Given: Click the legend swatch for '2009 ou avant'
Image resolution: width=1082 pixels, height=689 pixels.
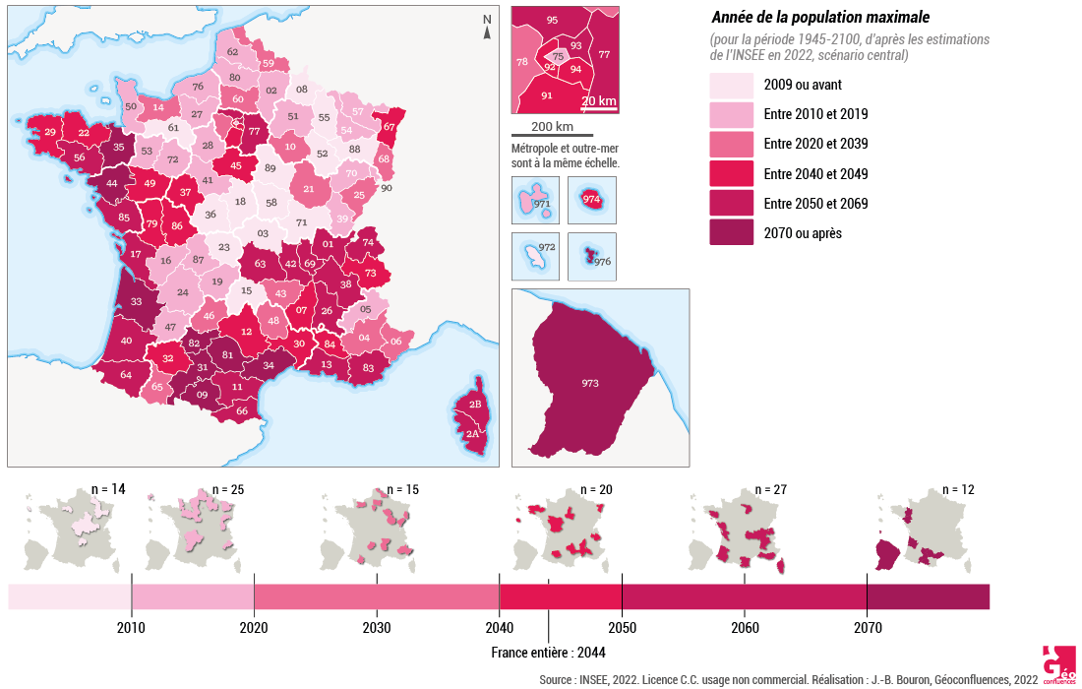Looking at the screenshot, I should (x=732, y=85).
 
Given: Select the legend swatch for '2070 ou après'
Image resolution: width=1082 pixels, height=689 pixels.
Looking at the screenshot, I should (x=732, y=233).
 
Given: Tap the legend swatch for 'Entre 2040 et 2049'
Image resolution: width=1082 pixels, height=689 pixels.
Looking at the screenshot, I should (x=732, y=174).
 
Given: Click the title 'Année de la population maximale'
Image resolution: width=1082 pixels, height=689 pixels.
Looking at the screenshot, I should (x=819, y=18).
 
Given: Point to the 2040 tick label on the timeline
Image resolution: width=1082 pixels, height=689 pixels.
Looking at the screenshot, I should (x=499, y=628).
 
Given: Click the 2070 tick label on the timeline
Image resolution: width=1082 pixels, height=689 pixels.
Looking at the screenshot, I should (x=867, y=628).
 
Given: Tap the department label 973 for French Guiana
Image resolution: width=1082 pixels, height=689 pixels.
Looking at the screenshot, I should (x=590, y=382).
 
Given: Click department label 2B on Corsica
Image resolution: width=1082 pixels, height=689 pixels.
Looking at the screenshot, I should (x=473, y=405).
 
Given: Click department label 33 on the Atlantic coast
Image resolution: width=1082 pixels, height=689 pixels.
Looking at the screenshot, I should (x=136, y=301).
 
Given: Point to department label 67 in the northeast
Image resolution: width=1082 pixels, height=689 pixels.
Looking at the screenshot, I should (x=389, y=126).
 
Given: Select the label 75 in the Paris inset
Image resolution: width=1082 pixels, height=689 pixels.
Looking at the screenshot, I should (x=558, y=57).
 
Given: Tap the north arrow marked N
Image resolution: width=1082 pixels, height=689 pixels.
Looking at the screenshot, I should (x=486, y=27).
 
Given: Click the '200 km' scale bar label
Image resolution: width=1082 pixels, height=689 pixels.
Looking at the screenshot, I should (x=552, y=126).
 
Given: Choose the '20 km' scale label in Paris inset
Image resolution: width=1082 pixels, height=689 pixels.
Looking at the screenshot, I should (x=598, y=100).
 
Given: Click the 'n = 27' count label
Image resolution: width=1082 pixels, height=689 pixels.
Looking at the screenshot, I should (x=773, y=489).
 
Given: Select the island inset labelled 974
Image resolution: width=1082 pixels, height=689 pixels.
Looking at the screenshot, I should (x=592, y=200).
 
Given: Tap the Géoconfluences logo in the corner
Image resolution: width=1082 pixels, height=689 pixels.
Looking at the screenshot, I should (x=1058, y=664).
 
